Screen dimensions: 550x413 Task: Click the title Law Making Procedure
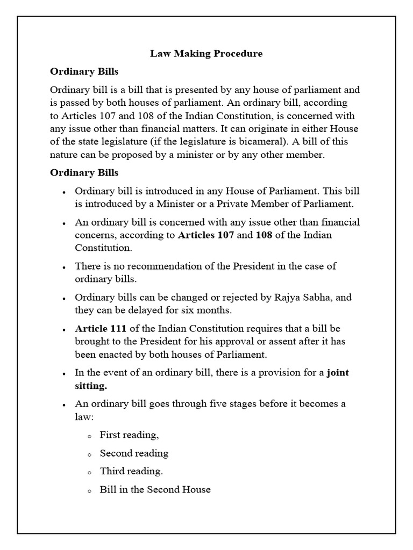[x=206, y=54]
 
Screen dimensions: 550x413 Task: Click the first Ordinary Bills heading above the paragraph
[x=84, y=71]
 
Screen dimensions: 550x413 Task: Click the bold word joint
[x=338, y=372]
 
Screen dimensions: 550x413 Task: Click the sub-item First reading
[x=129, y=435]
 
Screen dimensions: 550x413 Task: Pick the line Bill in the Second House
[x=155, y=489]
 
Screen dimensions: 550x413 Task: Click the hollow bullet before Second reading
[x=90, y=454]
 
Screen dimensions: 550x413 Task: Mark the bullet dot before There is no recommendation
[x=65, y=267]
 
